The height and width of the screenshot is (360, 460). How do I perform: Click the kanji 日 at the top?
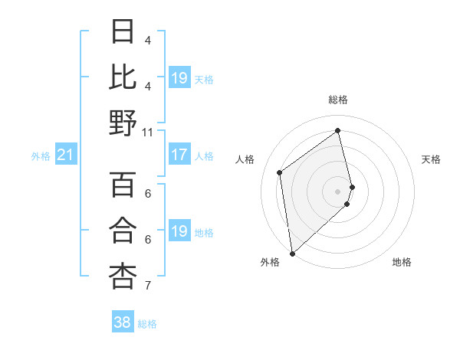(123, 32)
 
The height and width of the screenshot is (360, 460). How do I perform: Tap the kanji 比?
(123, 77)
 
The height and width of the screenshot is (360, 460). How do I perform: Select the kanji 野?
(123, 122)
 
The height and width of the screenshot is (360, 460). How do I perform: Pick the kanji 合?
(123, 231)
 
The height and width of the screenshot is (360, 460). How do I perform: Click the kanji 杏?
(123, 276)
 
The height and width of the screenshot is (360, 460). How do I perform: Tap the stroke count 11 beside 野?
(148, 132)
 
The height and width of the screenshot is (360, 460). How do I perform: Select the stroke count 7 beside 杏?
(148, 286)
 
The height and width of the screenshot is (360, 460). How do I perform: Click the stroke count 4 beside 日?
(148, 40)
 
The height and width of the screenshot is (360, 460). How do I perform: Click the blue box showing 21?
(65, 155)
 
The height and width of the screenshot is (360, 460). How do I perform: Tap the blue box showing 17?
(179, 155)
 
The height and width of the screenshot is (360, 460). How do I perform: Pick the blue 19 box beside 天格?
(179, 78)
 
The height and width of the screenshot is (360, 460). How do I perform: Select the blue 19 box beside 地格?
(179, 232)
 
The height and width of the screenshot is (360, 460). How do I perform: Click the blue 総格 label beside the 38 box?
(147, 324)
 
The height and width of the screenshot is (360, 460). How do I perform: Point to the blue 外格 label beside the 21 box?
(41, 156)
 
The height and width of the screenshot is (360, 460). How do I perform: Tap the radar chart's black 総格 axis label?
(338, 100)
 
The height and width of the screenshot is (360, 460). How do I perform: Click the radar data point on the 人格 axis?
(280, 172)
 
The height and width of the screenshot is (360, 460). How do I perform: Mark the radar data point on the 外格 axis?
(292, 253)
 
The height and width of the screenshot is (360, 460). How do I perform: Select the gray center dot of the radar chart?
(338, 191)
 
